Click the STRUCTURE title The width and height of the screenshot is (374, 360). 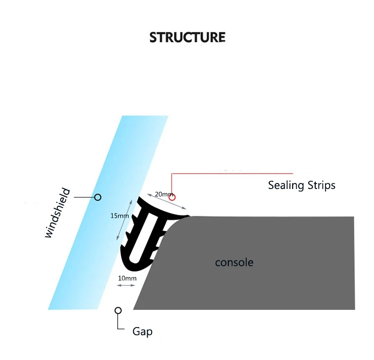coord(187,37)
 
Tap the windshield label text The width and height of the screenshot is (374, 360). coord(57,213)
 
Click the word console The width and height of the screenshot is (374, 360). coord(234,262)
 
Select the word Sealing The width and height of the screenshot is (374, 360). coord(286,185)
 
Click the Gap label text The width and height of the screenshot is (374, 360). coord(143,332)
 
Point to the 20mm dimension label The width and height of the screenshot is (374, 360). coord(164,194)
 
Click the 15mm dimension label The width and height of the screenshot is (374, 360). coord(120,216)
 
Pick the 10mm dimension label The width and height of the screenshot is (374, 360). coord(127,278)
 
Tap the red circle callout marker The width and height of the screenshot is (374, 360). coord(172,197)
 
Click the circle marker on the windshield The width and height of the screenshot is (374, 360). coord(98,197)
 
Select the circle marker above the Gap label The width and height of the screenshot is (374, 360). coord(118,311)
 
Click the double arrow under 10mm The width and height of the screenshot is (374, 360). coord(126,285)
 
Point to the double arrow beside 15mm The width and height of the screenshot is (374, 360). coord(124,220)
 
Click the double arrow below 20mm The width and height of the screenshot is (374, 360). coord(167,201)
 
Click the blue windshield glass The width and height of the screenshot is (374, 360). coord(109,212)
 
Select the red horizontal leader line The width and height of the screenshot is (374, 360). coord(232,174)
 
